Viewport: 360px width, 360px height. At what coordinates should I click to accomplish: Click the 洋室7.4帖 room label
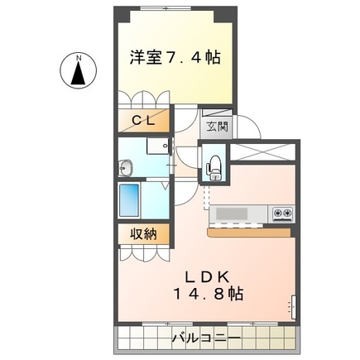pos(174,58)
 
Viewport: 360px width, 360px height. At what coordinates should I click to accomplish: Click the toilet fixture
pos(215,165)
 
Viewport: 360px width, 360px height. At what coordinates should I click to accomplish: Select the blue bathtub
pos(131,200)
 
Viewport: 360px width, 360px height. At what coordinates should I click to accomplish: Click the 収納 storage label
pos(142,234)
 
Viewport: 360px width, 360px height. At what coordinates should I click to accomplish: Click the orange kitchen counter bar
pos(248,233)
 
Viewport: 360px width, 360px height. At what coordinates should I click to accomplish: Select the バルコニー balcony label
pos(206,338)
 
